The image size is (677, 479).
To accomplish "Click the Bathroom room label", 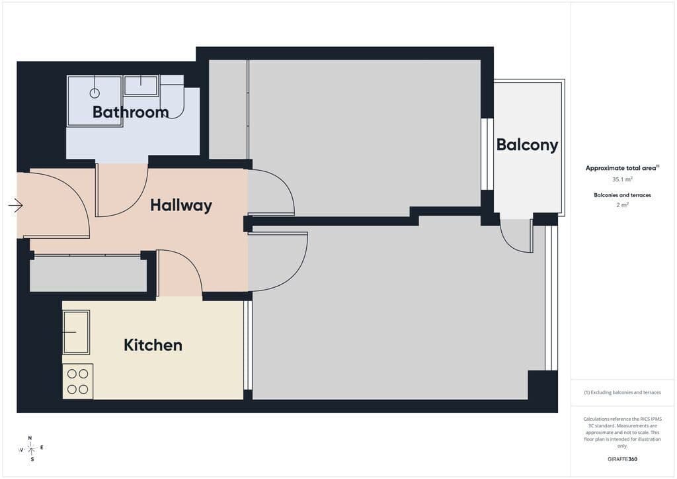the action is click(x=130, y=112).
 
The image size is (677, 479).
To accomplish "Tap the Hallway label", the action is click(x=181, y=205).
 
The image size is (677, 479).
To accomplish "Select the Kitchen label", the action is click(x=153, y=345).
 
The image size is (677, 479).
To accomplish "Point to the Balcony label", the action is click(x=527, y=145).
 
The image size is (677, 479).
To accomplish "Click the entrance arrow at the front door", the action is click(x=16, y=205).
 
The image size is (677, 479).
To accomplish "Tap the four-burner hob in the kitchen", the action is click(x=78, y=381).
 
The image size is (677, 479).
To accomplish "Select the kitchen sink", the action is click(x=76, y=332).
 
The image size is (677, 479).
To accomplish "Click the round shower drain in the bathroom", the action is click(x=95, y=93).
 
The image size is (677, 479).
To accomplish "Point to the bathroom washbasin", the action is click(x=141, y=85).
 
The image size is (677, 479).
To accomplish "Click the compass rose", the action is click(x=32, y=449).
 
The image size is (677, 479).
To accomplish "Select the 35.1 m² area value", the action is click(x=622, y=179).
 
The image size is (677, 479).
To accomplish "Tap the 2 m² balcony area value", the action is click(x=622, y=204).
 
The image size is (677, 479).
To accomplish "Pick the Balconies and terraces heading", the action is click(x=622, y=195).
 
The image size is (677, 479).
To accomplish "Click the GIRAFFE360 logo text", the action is click(x=622, y=459).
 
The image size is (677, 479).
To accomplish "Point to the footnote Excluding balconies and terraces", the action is click(x=622, y=392).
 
